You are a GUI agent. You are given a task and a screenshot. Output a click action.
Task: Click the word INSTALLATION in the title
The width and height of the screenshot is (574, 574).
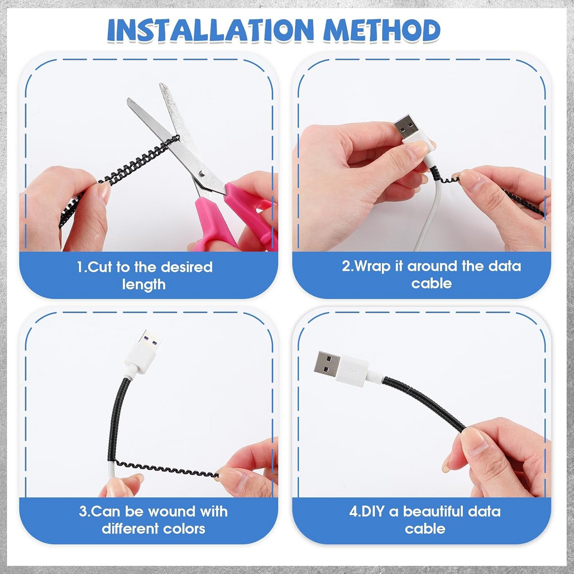coord(211,31)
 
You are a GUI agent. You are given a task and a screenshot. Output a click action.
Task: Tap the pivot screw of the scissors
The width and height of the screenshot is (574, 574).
coord(203,173)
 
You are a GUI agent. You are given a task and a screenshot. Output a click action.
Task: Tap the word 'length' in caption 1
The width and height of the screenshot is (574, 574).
coord(144,284)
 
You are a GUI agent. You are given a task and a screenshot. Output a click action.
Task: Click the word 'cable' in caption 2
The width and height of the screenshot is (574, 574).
coord(431,283)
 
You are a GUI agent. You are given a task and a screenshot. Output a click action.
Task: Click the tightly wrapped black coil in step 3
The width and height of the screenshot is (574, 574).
coord(118,417)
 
